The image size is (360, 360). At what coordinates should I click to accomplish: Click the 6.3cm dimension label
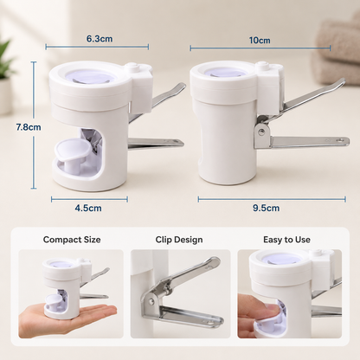tap(100, 39)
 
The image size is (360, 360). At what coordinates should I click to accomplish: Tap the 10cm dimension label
tap(260, 40)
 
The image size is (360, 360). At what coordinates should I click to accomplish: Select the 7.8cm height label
tap(29, 127)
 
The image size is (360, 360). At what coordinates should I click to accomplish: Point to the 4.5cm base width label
tap(88, 208)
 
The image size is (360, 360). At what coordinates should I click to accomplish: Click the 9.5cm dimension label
tap(266, 208)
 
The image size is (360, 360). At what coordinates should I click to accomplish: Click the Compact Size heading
tap(72, 240)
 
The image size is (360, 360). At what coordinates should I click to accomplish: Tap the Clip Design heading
tap(179, 240)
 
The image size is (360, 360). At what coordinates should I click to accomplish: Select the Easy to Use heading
tap(286, 240)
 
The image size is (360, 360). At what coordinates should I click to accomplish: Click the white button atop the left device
tap(132, 67)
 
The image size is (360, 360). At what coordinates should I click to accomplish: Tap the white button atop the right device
tap(262, 66)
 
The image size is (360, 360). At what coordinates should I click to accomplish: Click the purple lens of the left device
tap(88, 76)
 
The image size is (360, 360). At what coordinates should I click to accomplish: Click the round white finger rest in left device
tap(71, 148)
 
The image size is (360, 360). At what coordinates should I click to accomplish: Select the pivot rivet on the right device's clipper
tap(261, 132)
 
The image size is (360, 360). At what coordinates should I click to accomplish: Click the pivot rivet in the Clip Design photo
tap(151, 301)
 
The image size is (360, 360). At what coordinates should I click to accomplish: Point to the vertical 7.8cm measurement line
tap(34, 125)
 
